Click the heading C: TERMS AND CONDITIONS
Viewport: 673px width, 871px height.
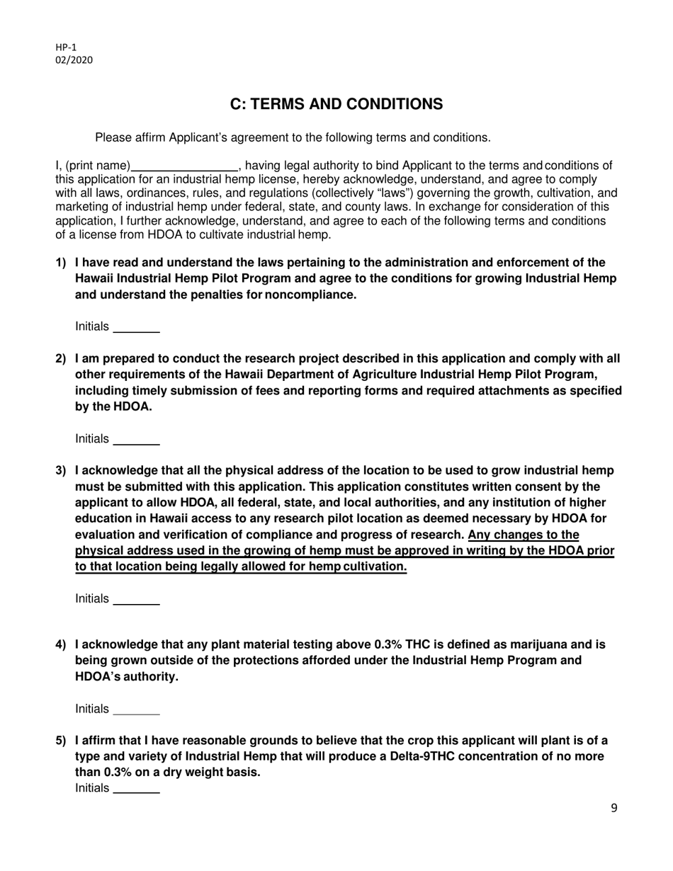[336, 104]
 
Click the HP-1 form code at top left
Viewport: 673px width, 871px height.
[66, 47]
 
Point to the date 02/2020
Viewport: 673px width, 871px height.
[74, 60]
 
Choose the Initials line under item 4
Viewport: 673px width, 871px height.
[136, 711]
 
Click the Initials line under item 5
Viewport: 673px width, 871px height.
[136, 790]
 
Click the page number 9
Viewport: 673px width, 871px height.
[613, 809]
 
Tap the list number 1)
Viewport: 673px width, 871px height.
[62, 263]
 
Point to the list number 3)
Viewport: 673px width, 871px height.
[62, 471]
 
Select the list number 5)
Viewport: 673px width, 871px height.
[62, 741]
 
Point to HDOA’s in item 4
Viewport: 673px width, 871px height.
[98, 677]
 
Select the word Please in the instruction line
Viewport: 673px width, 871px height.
[114, 137]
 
